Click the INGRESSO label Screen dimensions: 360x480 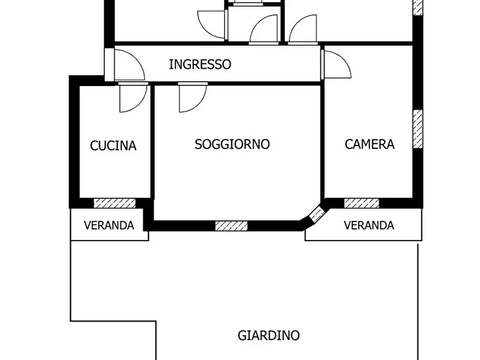pos(200,64)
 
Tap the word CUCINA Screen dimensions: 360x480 pos(113,146)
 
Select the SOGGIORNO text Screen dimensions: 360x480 pos(232,145)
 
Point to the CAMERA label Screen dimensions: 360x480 pos(369,144)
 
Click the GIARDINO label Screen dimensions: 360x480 pos(268,336)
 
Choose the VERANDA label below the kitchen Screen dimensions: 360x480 pos(109,226)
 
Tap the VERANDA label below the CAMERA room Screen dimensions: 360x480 pos(369,226)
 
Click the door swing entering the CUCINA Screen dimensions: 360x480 pos(132,98)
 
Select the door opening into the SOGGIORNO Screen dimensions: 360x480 pos(192,98)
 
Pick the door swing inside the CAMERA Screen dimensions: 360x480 pos(337,63)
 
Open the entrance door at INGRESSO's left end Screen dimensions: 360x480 pos(128,64)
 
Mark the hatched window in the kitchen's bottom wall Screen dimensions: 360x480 pos(114,203)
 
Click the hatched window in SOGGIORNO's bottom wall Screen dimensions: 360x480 pos(231,226)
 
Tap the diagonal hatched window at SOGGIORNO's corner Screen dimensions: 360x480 pos(317,215)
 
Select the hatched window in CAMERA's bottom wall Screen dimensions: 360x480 pos(361,203)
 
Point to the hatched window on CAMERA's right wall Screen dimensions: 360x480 pos(418,129)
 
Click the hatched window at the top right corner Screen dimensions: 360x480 pos(418,7)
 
